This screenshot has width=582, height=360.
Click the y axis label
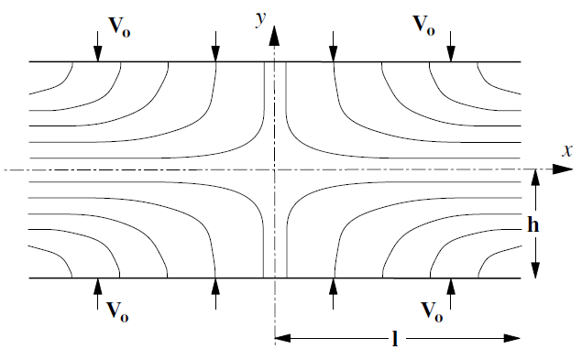261,18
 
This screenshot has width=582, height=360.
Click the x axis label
567,150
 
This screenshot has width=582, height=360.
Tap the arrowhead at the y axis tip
274,36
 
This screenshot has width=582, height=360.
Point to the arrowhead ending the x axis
563,169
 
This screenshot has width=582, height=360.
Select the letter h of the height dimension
533,224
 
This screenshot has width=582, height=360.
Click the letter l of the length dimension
395,339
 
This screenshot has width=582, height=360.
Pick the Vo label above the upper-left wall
119,27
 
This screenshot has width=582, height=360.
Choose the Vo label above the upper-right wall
423,26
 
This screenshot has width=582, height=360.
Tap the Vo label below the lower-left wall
117,311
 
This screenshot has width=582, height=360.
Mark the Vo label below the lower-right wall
432,311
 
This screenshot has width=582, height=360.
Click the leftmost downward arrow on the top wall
98,47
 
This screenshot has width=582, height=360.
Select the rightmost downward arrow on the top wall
451,47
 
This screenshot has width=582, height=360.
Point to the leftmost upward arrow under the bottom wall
98,293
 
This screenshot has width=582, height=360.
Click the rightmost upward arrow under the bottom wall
451,293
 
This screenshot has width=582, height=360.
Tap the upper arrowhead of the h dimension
535,178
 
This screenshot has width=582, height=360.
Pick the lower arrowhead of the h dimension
535,270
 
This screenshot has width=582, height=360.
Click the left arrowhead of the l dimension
283,338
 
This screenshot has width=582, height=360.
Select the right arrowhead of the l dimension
511,338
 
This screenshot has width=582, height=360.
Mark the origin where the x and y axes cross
275,169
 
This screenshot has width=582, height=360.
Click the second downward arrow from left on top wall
215,47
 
